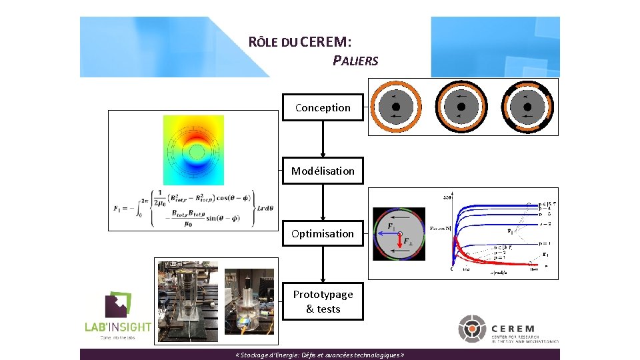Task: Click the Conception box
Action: point(323,107)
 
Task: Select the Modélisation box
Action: point(323,171)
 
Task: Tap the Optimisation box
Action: point(323,233)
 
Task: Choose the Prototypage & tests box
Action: point(323,301)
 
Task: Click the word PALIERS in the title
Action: point(355,61)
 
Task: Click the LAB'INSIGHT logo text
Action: point(117,327)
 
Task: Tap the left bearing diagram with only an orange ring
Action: point(395,107)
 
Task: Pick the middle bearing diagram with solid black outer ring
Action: point(461,107)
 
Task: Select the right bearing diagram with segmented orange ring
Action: point(526,107)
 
